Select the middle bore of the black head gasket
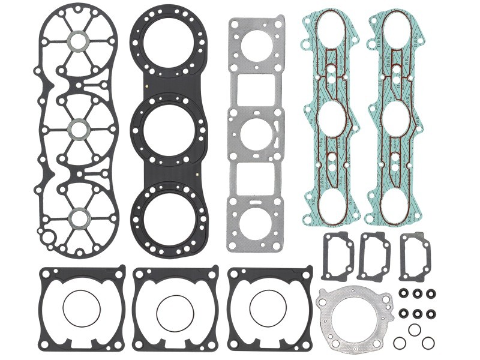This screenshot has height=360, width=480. click(168, 128)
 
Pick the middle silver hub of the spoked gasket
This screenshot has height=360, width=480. click(78, 128)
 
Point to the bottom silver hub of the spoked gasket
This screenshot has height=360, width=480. click(78, 215)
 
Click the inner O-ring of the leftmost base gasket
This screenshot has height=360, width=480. click(80, 309)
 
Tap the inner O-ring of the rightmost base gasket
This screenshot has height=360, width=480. click(269, 309)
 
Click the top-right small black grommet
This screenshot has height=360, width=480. click(431, 295)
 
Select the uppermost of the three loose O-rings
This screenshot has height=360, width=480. click(415, 330)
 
